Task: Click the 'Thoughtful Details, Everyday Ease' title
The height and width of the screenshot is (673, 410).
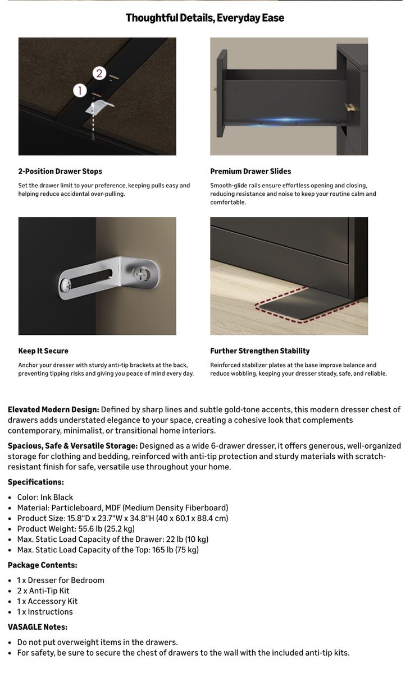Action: [204, 18]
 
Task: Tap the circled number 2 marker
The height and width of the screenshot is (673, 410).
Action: [99, 73]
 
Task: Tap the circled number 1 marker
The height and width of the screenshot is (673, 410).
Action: [80, 90]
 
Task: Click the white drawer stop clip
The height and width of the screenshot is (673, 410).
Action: [99, 107]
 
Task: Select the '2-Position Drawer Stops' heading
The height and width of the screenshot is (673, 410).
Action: [60, 171]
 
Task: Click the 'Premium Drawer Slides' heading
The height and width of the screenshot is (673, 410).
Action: [250, 171]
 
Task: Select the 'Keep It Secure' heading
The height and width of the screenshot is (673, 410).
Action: [43, 351]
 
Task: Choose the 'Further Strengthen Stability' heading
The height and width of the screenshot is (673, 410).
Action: [260, 351]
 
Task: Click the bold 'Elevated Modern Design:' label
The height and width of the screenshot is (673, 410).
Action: [53, 409]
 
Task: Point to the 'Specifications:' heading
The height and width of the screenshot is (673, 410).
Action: [36, 482]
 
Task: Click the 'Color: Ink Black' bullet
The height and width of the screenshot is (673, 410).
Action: [45, 497]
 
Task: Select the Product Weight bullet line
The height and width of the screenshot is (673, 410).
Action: [76, 529]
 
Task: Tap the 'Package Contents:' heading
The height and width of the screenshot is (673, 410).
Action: [43, 565]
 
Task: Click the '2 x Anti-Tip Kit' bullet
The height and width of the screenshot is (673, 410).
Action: [43, 591]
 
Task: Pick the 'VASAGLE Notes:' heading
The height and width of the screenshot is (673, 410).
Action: [38, 627]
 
